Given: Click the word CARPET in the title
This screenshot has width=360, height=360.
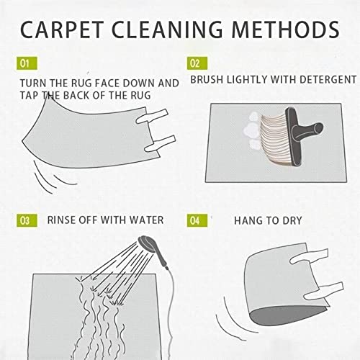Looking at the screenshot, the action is coord(62,30).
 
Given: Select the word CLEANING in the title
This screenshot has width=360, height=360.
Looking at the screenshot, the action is coord(167,30).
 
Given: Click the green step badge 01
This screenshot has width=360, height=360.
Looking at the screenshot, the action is coord(27,63).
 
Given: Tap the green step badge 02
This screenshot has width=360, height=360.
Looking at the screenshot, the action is coord(197,63).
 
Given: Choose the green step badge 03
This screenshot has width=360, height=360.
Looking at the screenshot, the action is coord(27,220).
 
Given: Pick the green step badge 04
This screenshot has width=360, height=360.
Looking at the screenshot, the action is coord(197,220).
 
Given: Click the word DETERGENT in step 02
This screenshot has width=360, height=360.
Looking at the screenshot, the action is coord(328,80).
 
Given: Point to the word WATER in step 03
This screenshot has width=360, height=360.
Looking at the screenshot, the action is coord(146,220).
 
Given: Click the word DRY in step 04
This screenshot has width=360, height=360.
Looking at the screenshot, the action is coord(292,220).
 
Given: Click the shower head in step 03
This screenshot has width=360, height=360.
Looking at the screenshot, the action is coord(146,243).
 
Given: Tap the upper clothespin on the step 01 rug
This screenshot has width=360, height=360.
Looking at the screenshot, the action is coord(152,116).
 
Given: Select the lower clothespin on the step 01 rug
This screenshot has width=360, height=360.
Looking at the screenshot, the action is coord(160,143).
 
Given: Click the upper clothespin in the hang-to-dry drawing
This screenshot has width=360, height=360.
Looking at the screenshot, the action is coord(309,256).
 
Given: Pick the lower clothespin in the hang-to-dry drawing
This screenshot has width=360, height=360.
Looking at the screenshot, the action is coord(324,291).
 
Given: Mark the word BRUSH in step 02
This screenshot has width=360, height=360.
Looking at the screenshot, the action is coord(207,80).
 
